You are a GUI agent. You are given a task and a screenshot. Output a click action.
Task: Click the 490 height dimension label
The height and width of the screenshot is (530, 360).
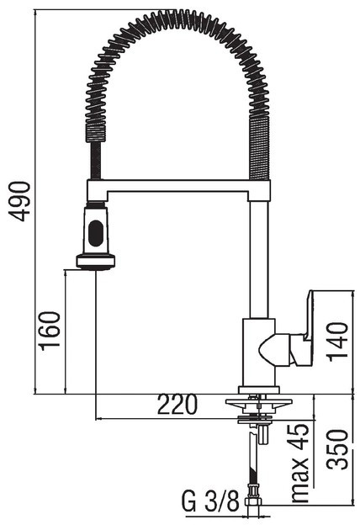(20, 201)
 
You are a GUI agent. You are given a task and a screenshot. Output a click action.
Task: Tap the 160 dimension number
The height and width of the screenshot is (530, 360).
(50, 331)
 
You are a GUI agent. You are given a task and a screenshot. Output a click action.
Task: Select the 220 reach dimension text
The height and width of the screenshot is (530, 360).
(177, 405)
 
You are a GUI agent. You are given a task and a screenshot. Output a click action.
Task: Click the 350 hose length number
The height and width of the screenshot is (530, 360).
(337, 449)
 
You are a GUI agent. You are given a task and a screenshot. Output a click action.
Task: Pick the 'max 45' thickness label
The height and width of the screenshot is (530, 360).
(299, 463)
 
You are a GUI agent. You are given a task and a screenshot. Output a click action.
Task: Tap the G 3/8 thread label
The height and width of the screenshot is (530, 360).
(211, 501)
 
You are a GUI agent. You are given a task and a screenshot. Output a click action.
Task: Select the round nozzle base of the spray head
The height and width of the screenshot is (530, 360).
(95, 262)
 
